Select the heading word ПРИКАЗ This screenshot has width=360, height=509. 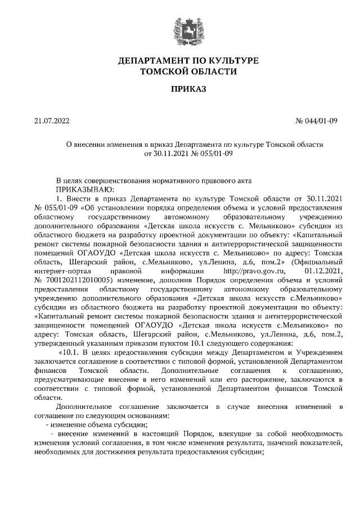[x=188, y=89]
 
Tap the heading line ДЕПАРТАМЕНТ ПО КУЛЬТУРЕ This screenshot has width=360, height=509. [x=188, y=60]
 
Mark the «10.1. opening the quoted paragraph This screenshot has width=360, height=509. [x=70, y=352]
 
